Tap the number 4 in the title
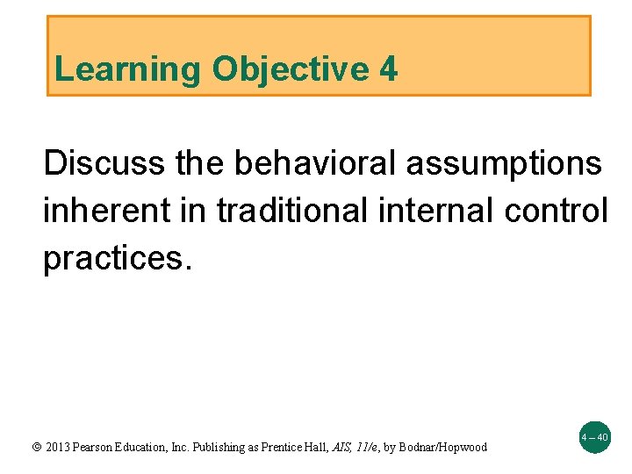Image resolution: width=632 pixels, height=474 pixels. tap(389, 69)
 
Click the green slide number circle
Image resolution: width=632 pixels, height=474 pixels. tap(593, 436)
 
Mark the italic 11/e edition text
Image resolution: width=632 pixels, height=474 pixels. tap(364, 448)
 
